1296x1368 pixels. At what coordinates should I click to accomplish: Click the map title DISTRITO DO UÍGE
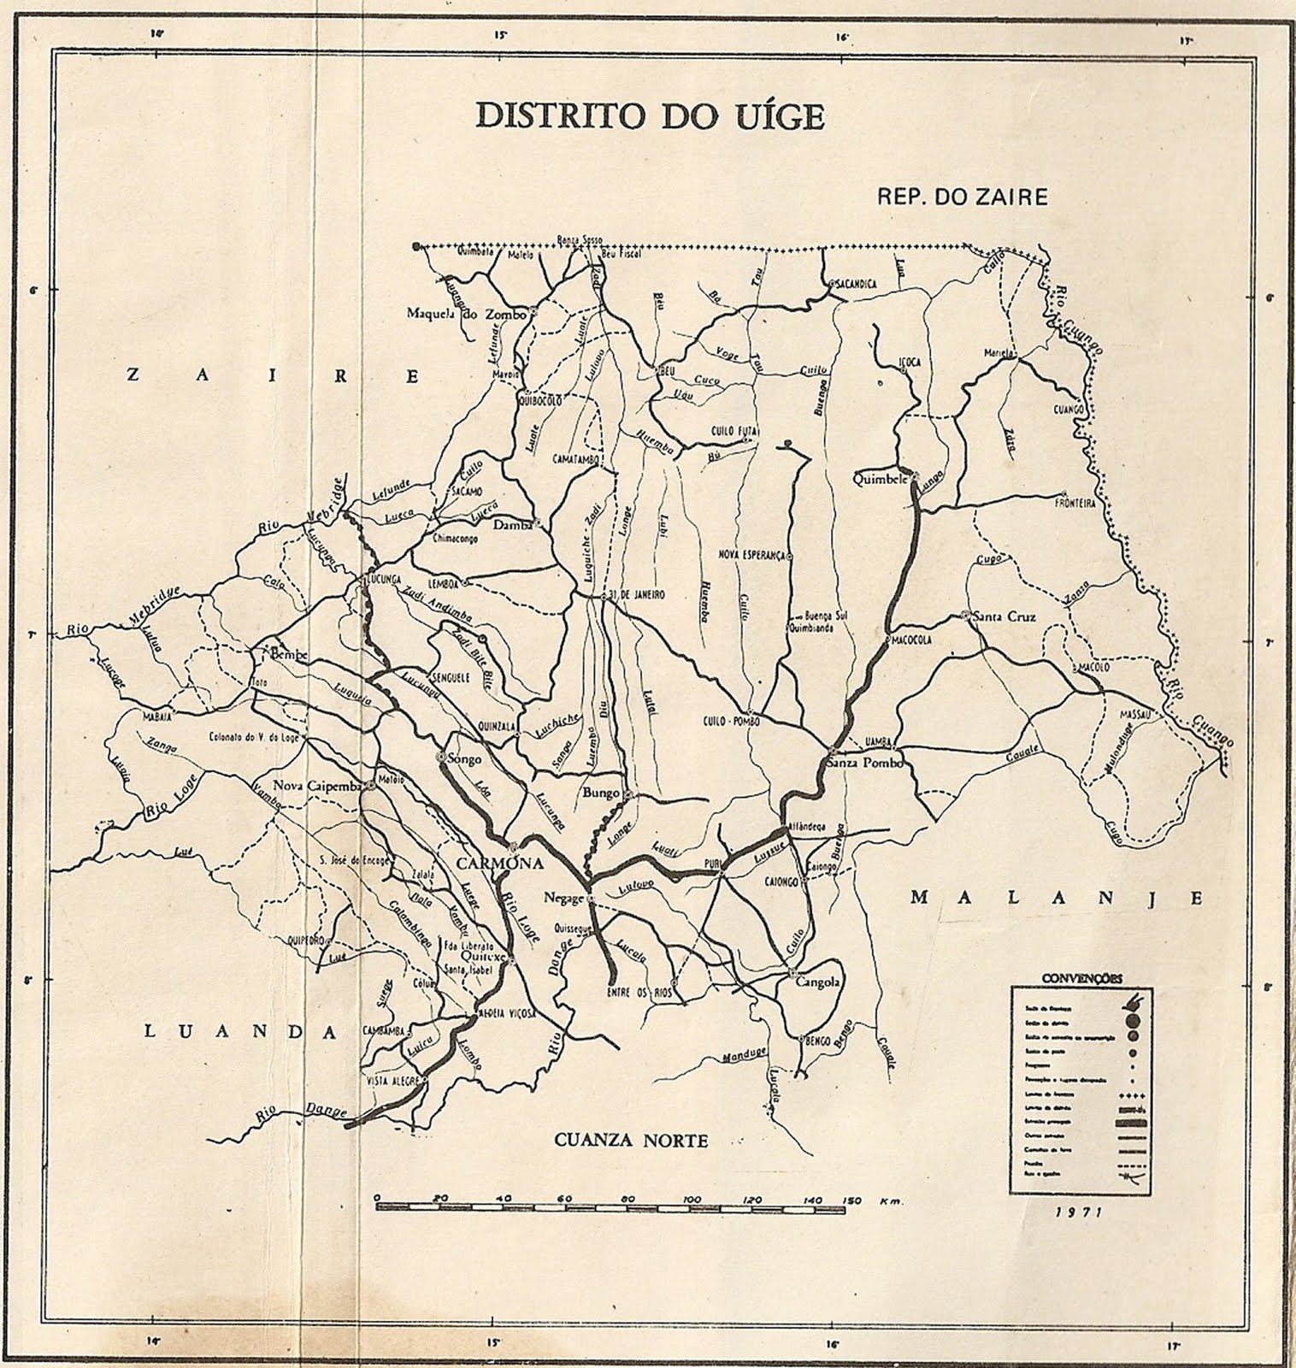click(x=649, y=116)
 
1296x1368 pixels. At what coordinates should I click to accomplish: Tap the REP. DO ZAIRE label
click(x=962, y=197)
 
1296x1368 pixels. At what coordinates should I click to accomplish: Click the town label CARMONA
click(x=500, y=863)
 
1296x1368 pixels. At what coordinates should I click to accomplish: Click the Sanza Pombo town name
click(x=864, y=764)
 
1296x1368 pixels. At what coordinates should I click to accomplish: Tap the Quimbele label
click(x=880, y=480)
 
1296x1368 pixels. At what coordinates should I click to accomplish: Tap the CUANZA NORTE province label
click(x=631, y=1140)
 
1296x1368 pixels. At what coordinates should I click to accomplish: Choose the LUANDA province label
click(x=239, y=1032)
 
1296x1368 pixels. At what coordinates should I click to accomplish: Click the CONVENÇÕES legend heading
click(x=1082, y=977)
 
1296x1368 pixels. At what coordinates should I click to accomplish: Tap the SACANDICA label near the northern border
click(x=856, y=284)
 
